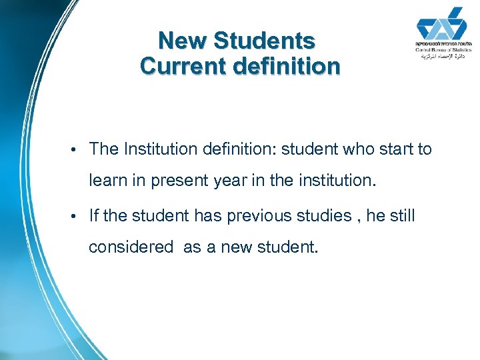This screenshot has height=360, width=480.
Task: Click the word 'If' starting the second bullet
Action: tap(93, 215)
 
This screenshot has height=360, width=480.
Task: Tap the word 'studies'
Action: tap(327, 215)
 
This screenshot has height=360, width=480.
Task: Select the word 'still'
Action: tap(401, 215)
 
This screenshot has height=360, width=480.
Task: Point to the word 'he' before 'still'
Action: tap(375, 215)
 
